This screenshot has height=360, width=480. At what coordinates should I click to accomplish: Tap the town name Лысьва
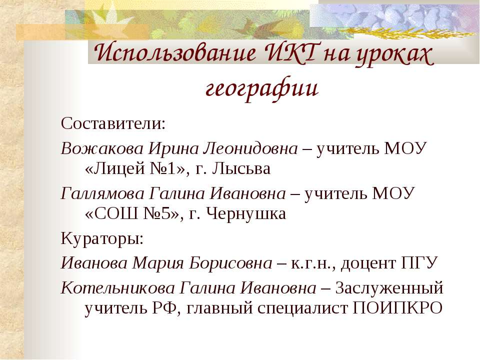coord(241,170)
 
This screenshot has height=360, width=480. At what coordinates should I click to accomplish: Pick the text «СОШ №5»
coord(132,215)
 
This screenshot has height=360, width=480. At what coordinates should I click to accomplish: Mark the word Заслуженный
coord(389,288)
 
